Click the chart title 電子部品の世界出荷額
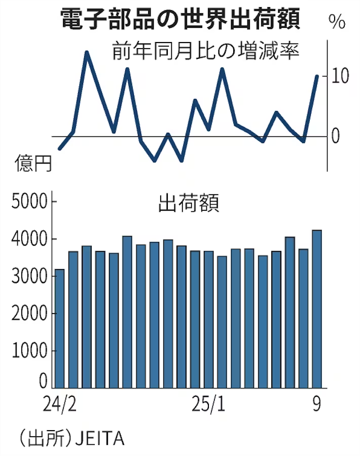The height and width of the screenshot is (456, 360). (181, 19)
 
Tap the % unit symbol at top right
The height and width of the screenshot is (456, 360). (337, 22)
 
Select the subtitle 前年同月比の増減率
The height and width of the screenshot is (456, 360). (206, 51)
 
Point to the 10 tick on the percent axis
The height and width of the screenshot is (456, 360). (340, 76)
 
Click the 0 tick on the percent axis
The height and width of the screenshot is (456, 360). (335, 136)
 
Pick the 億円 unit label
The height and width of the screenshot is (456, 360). (33, 163)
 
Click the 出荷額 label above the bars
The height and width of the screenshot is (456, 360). (189, 203)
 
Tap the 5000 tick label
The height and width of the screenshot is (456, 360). (29, 201)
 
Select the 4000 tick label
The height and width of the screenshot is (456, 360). (29, 239)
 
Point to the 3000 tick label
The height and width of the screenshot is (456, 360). (29, 276)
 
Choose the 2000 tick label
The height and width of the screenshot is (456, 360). (29, 314)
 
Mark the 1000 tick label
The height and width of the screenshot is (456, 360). (29, 351)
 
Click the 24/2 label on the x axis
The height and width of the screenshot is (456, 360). (60, 404)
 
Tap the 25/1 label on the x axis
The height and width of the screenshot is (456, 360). (208, 404)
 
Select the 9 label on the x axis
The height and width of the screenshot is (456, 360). (317, 404)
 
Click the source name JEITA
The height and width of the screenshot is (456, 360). (100, 439)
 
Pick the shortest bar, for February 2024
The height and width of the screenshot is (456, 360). (60, 329)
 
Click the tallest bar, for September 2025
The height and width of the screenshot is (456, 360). (317, 309)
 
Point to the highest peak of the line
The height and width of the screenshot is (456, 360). (86, 53)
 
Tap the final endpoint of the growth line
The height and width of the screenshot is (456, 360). (317, 76)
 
